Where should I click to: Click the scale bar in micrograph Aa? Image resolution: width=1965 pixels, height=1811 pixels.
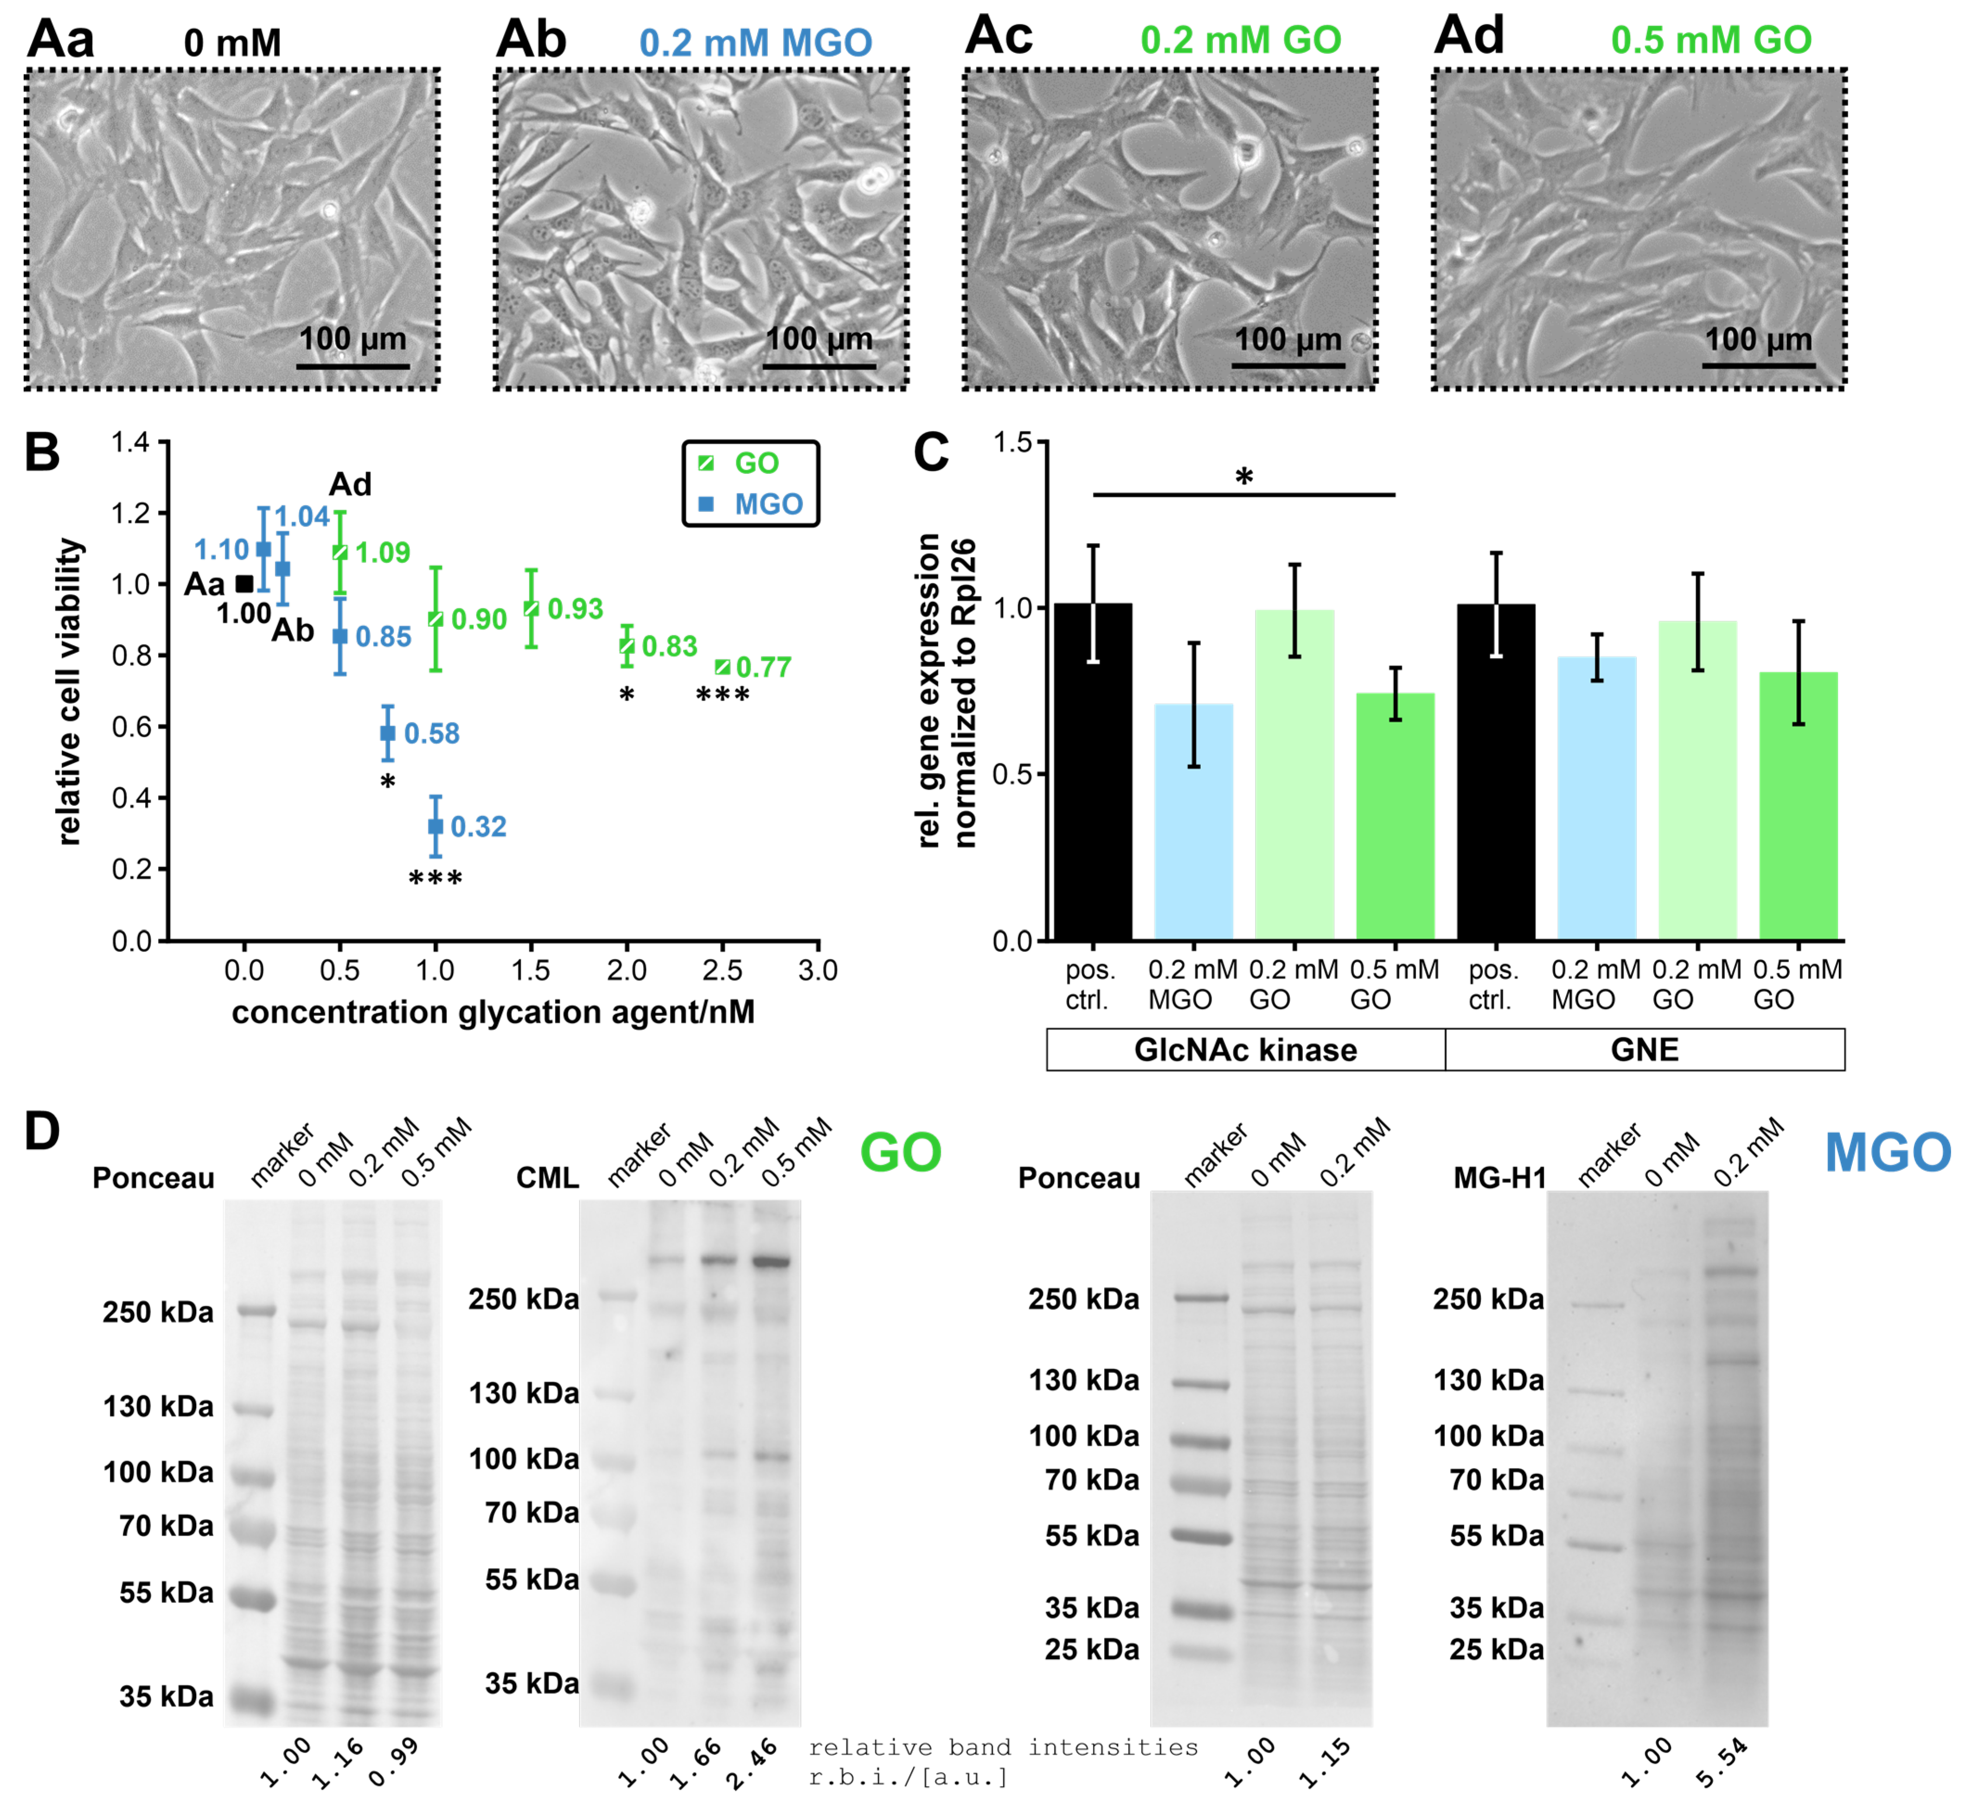click(353, 366)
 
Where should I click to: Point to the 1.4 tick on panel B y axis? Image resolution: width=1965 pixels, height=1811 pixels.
click(131, 443)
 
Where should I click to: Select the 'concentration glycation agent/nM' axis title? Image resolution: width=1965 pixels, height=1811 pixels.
click(493, 1012)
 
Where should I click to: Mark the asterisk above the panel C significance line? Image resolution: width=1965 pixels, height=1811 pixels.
click(1244, 478)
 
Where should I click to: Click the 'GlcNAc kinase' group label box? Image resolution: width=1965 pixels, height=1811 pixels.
click(1246, 1050)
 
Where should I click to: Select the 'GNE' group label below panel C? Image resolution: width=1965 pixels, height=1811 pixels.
click(1645, 1050)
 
